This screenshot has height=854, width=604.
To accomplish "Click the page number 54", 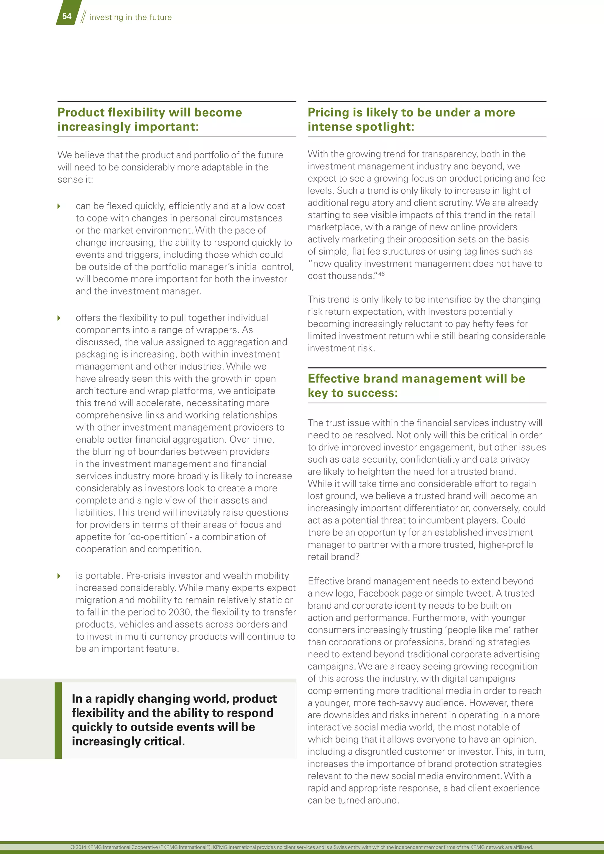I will pos(67,16).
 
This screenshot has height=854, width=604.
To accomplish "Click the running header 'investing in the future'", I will pos(131,17).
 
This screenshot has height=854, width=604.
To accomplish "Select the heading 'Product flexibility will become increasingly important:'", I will pos(150,119).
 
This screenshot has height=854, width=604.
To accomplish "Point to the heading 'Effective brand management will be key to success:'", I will pos(416,385).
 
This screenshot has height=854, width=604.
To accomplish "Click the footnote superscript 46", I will pos(382,274).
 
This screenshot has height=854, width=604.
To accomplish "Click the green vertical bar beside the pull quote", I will pos(58,720).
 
